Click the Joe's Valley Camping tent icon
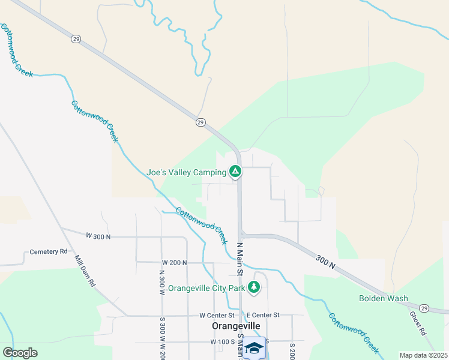[x=236, y=173]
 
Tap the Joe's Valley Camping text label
[x=187, y=173]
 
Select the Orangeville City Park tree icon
[x=255, y=288]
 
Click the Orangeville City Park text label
[x=206, y=289]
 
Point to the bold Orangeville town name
[x=237, y=326]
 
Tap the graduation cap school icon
[x=254, y=347]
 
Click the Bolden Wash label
[x=384, y=298]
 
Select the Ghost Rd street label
[x=417, y=323]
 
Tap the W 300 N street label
[x=98, y=236]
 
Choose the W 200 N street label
[x=174, y=263]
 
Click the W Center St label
[x=217, y=315]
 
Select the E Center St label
[x=263, y=315]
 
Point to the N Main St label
[x=239, y=259]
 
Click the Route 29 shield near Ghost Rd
[x=424, y=308]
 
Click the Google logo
[x=20, y=353]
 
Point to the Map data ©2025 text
[x=423, y=355]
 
